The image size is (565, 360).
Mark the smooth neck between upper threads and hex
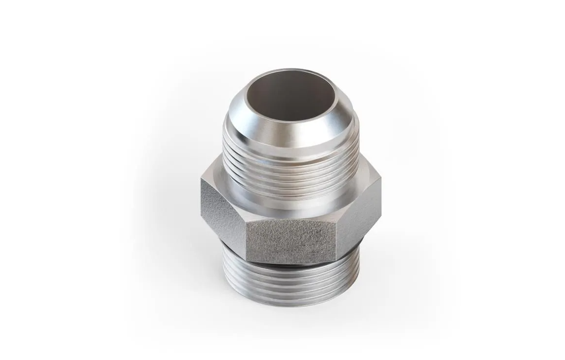tap(293, 207)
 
